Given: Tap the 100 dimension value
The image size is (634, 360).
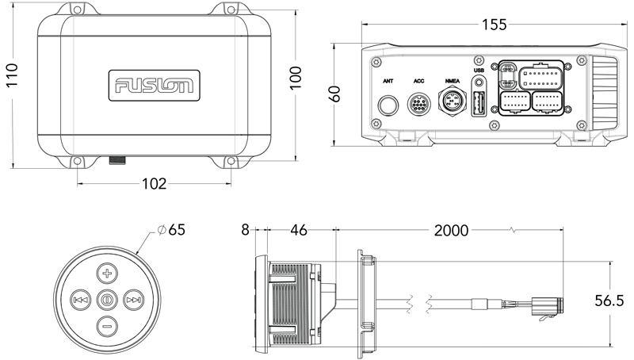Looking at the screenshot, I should click(295, 76).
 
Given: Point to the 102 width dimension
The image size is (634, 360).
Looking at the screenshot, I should click(154, 184).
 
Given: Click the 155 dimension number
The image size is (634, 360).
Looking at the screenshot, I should click(494, 25).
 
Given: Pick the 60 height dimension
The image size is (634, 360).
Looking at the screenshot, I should click(336, 93).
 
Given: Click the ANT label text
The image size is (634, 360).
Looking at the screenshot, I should click(388, 81).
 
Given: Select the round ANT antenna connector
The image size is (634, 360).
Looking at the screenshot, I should click(388, 105).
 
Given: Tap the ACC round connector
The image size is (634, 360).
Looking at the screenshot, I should click(419, 105).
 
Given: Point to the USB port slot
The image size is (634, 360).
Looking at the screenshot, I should click(479, 105).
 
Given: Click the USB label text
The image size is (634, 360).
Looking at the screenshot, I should click(479, 71).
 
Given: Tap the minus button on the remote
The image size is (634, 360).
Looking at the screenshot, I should click(108, 324).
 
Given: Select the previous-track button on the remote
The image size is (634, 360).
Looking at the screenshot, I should click(80, 300).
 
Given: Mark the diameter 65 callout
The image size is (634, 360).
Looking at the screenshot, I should click(172, 231).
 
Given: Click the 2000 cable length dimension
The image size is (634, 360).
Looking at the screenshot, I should click(451, 231).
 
